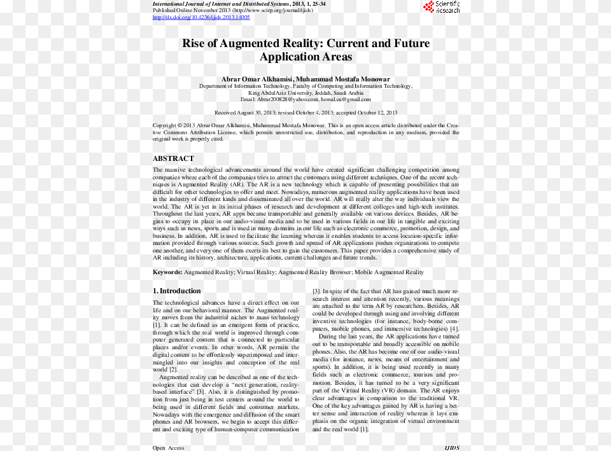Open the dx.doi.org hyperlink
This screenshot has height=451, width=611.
point(201,17)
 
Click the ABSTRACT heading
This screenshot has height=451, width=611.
point(173,158)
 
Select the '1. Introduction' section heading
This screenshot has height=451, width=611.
point(177,291)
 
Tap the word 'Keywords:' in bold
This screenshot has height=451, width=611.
point(167,272)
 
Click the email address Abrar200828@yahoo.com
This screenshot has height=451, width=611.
point(288,99)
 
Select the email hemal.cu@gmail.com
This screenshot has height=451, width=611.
point(346,99)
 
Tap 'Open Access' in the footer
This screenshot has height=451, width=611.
point(169,448)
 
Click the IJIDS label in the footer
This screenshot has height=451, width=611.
point(451,448)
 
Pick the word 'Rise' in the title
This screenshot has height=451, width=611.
point(193,44)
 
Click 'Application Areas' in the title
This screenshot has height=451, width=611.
point(305,57)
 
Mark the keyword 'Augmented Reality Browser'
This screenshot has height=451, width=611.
point(314,272)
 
